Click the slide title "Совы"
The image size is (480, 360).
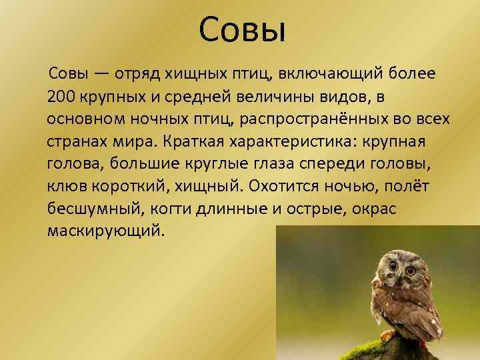tap(242, 29)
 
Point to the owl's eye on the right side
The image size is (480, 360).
tap(410, 265)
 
